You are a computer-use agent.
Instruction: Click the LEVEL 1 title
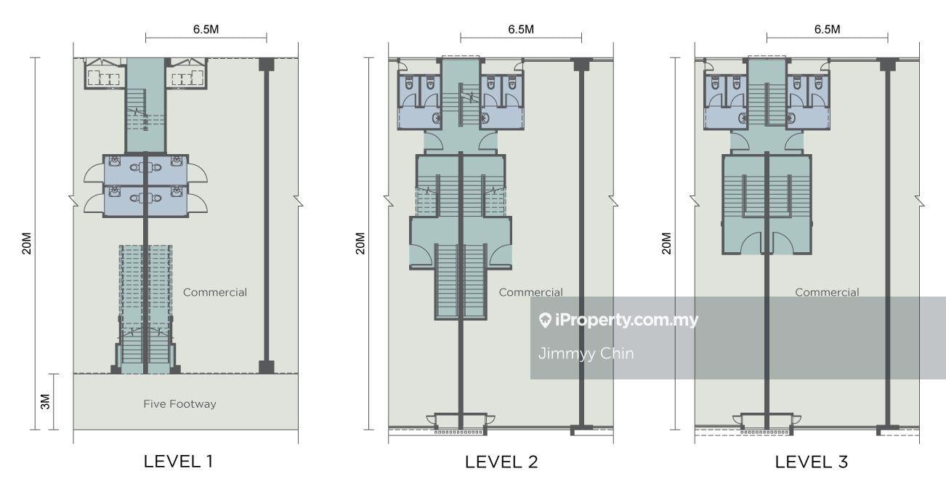(x=178, y=462)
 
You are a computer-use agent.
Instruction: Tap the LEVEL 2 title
(x=501, y=462)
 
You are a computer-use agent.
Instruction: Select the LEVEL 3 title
(x=812, y=462)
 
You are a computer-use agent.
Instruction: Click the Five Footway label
(x=180, y=404)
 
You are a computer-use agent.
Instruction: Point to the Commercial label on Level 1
(x=215, y=292)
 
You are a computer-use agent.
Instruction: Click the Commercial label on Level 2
(x=531, y=292)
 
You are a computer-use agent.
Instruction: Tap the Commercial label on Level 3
(x=827, y=292)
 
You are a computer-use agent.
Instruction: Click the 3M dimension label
(x=45, y=402)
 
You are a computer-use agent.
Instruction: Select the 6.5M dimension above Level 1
(x=206, y=29)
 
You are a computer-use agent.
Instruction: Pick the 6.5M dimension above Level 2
(x=521, y=29)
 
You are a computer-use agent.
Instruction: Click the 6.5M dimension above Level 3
(x=828, y=29)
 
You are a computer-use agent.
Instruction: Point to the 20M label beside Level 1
(x=27, y=244)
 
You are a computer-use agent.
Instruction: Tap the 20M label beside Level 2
(x=360, y=244)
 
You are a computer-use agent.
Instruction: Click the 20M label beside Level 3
(x=666, y=244)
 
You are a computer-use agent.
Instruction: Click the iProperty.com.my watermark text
(x=627, y=320)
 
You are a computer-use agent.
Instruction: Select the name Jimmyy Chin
(x=586, y=353)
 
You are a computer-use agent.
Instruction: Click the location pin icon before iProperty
(x=545, y=320)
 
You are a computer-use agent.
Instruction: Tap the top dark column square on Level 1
(x=267, y=65)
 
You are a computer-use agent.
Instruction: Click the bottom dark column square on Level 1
(x=267, y=367)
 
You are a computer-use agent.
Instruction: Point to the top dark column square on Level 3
(x=888, y=65)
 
